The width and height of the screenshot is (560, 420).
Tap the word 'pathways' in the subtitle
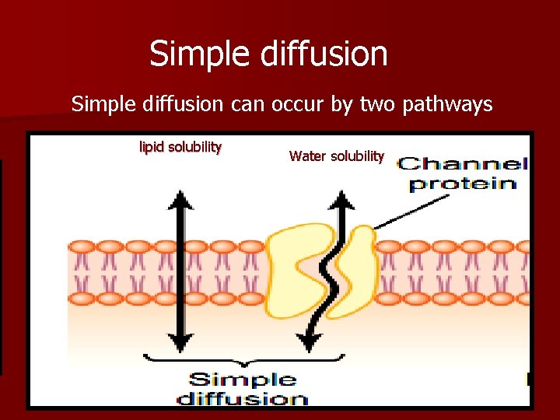pos(448,103)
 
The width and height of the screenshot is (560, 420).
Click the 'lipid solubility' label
pos(180,146)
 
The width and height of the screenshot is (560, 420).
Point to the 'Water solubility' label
pos(336,156)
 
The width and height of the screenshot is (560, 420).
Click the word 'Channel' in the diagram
pos(462,164)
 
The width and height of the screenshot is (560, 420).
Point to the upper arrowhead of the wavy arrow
pos(340,201)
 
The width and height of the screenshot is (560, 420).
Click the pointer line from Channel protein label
pos(412,212)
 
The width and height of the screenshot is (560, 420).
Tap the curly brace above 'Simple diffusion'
pos(243,360)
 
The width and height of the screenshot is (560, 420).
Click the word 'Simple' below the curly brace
pos(243,380)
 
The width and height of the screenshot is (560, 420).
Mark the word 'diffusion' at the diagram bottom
pos(243,399)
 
